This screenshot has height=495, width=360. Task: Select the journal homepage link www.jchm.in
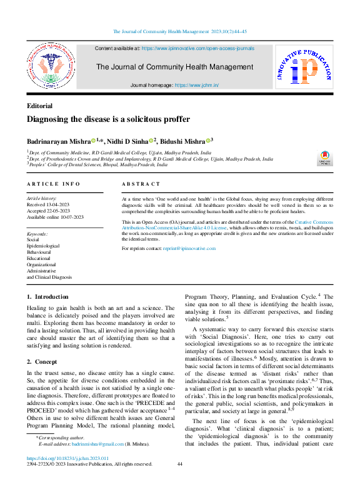(x=197, y=85)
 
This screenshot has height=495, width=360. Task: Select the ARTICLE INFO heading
(x=54, y=184)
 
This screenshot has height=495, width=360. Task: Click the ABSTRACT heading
(x=141, y=184)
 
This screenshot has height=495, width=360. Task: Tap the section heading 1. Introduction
(x=48, y=296)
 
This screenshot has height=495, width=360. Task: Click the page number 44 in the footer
(x=180, y=482)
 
